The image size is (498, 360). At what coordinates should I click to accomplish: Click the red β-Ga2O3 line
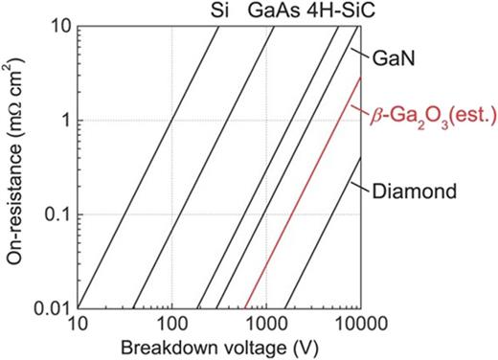pos(302,191)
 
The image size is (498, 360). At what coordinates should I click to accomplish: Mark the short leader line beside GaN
pos(356,55)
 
